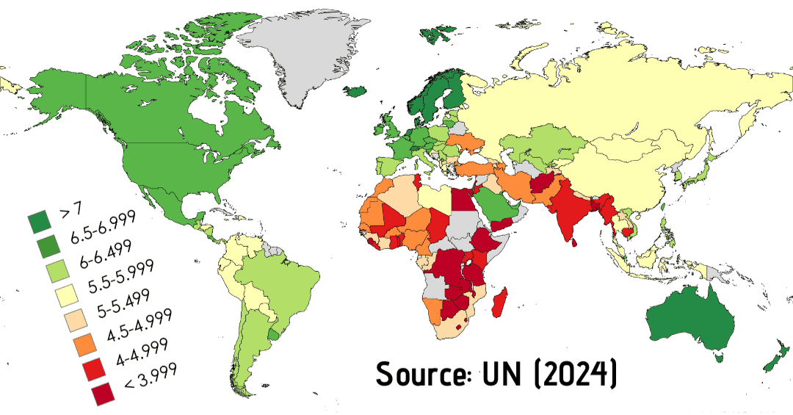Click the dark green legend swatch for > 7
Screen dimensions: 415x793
[39, 220]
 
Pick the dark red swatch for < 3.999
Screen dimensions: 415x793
[103, 394]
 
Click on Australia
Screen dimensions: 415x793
[690, 323]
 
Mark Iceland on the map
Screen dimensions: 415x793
[355, 92]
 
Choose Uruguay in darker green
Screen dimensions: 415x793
[275, 334]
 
